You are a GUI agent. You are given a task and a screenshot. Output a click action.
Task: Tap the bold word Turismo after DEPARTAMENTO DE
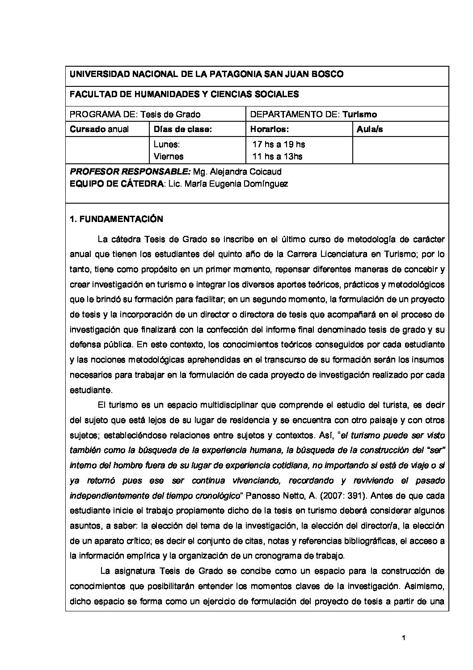tap(359, 115)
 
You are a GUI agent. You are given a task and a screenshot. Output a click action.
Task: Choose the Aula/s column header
tap(370, 129)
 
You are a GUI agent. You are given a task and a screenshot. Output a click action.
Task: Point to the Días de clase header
tap(182, 129)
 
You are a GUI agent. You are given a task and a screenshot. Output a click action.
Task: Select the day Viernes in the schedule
tap(169, 156)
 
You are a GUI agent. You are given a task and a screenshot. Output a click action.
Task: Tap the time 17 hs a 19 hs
tap(279, 145)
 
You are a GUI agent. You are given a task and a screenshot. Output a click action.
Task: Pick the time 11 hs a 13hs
tap(278, 156)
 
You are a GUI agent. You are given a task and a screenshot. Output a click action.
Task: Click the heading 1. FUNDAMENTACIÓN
tap(116, 219)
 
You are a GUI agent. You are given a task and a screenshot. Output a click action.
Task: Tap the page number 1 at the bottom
tap(403, 638)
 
